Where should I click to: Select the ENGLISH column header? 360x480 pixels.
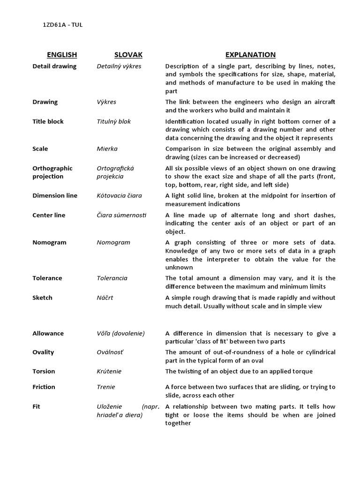(x=61, y=55)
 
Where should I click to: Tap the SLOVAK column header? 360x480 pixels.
(x=128, y=55)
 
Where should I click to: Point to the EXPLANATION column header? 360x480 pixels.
(x=250, y=55)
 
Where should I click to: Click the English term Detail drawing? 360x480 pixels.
(x=54, y=66)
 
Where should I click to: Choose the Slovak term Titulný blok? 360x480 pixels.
(x=114, y=121)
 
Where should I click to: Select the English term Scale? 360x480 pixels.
(x=40, y=149)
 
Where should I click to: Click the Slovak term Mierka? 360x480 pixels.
(x=107, y=149)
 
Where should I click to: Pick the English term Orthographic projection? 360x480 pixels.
(x=52, y=172)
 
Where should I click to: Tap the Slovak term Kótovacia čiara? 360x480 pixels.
(x=119, y=195)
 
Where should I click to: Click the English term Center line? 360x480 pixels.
(x=49, y=215)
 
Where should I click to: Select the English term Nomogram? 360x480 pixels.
(x=49, y=242)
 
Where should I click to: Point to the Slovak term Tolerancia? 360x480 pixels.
(x=112, y=278)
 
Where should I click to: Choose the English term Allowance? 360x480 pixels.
(x=48, y=333)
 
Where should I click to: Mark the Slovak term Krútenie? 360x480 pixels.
(x=109, y=371)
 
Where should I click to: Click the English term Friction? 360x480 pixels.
(x=44, y=387)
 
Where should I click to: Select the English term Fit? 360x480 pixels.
(x=36, y=406)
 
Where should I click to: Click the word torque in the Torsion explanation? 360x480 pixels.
(x=303, y=372)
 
